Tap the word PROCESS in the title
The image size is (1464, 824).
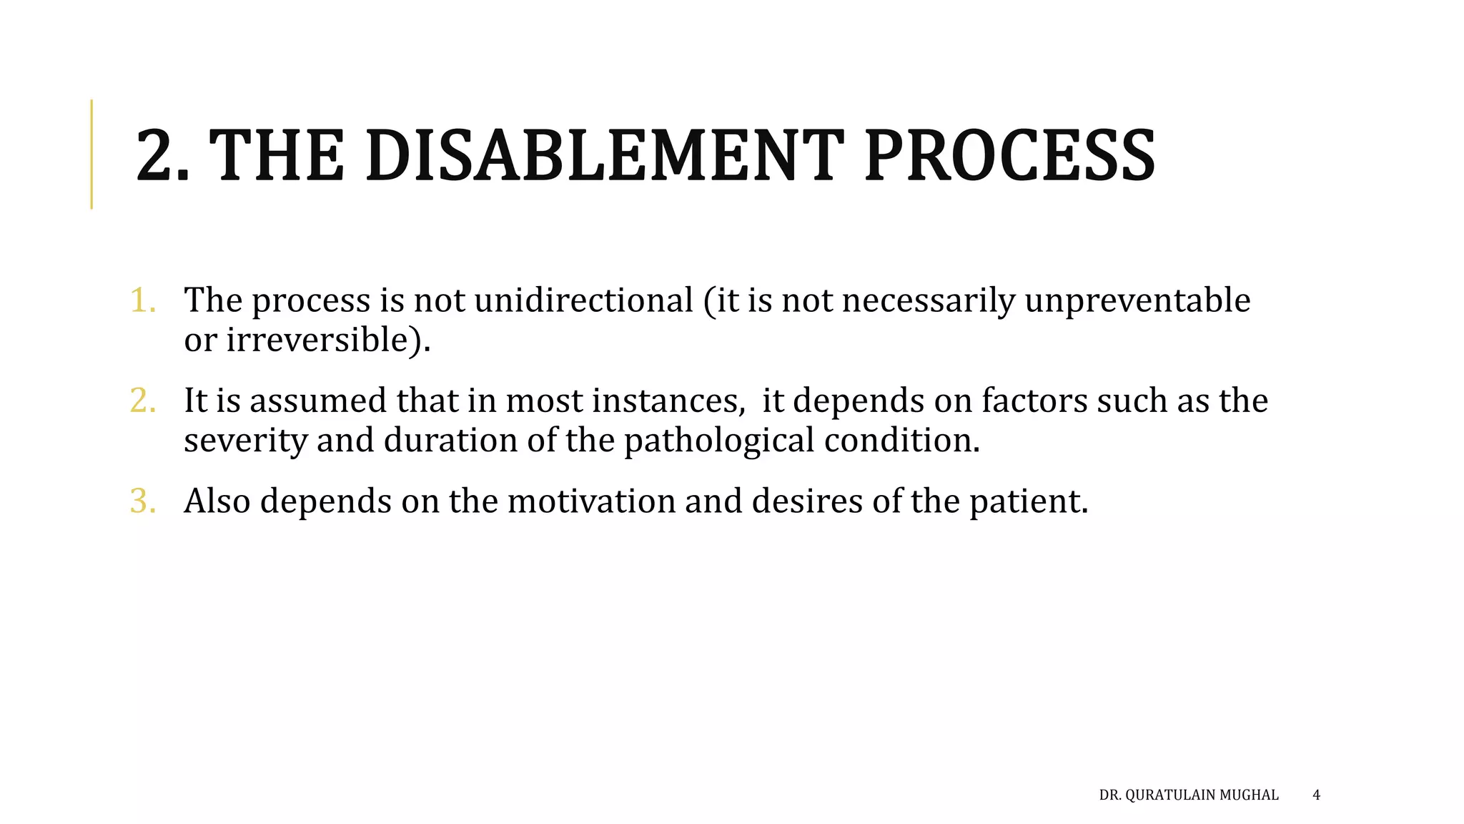click(x=1009, y=155)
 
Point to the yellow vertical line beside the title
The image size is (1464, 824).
click(x=91, y=154)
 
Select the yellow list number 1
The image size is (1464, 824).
click(x=142, y=300)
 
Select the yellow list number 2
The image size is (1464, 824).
click(x=142, y=401)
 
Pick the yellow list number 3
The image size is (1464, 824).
click(x=142, y=501)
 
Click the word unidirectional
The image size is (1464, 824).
click(x=583, y=300)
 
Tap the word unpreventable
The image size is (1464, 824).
click(x=1137, y=300)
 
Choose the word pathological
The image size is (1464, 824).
click(x=719, y=441)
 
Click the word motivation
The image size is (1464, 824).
click(x=591, y=501)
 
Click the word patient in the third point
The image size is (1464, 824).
click(x=1027, y=501)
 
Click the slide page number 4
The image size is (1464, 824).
click(x=1317, y=795)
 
